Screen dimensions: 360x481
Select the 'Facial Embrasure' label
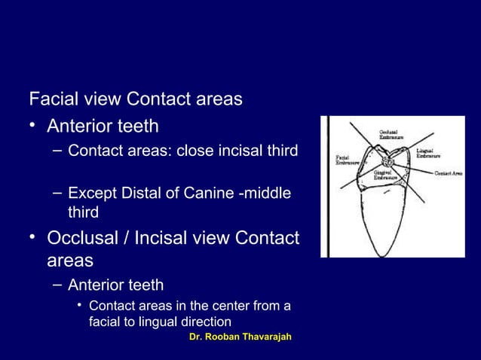coord(348,159)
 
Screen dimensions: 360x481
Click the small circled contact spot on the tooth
coord(389,160)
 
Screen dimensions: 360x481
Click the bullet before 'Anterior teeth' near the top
coord(33,125)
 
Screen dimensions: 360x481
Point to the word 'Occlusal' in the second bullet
coord(81,239)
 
